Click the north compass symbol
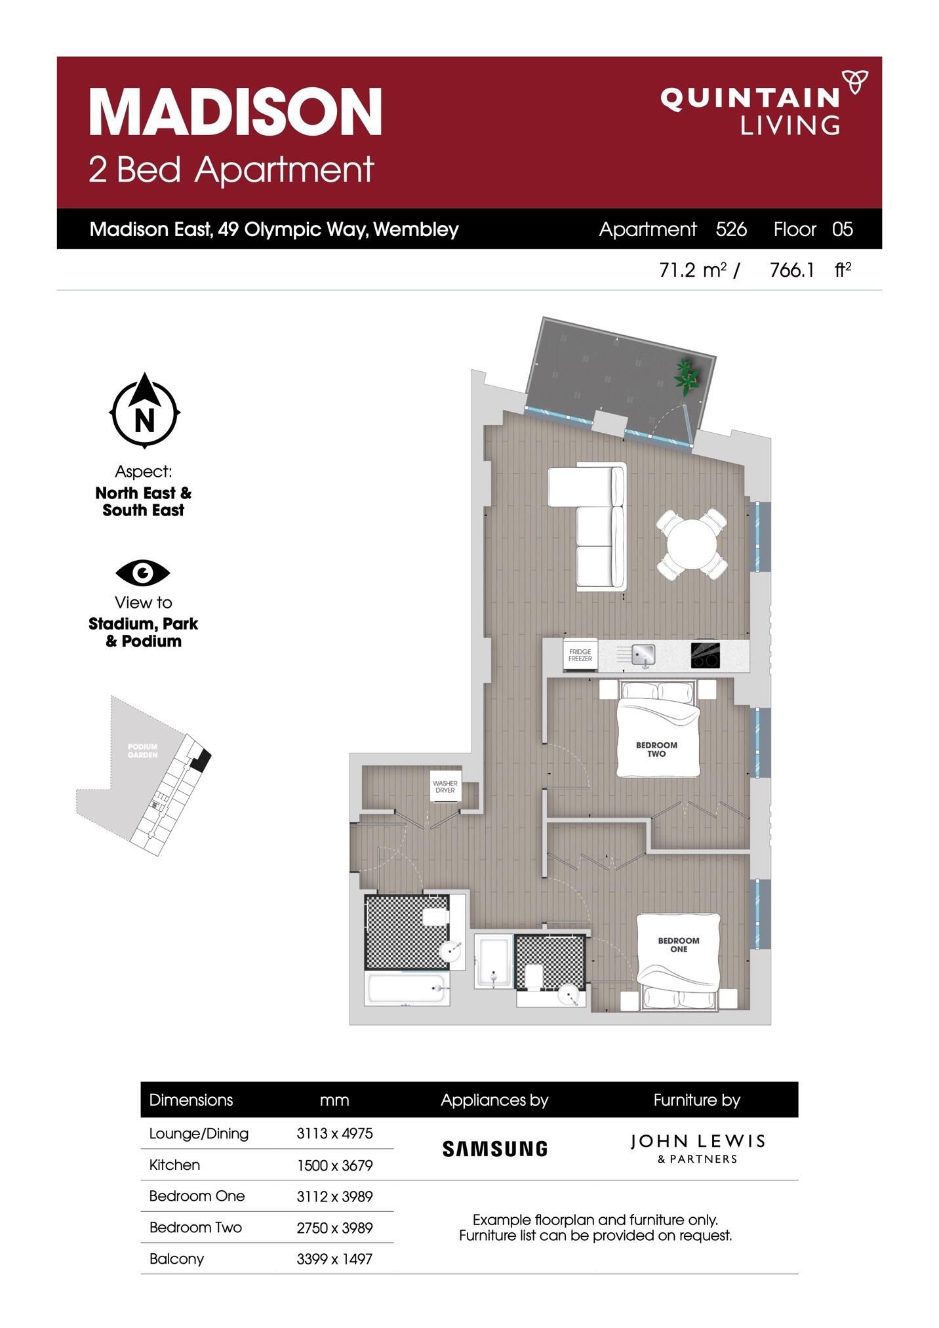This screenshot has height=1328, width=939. tap(144, 411)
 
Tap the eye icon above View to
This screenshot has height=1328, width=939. tap(143, 573)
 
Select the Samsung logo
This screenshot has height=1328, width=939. tap(495, 1148)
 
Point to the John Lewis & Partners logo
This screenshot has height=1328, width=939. tap(697, 1148)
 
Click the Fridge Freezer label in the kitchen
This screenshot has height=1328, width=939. tap(580, 655)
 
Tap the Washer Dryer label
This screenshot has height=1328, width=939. tap(445, 787)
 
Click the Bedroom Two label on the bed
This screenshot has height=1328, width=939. tap(656, 750)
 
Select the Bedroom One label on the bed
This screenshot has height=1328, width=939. tap(679, 945)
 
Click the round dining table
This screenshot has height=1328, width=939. tap(692, 544)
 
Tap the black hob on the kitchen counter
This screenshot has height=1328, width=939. tap(706, 654)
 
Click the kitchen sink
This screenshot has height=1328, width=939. tap(643, 654)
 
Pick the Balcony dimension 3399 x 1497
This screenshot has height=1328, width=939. tap(334, 1258)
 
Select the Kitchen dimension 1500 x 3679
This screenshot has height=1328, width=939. tap(334, 1165)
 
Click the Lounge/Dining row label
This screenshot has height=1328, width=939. tap(199, 1134)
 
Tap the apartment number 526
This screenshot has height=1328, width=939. tap(731, 229)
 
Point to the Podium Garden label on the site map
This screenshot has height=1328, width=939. tap(143, 750)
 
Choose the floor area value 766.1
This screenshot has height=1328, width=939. tap(792, 270)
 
